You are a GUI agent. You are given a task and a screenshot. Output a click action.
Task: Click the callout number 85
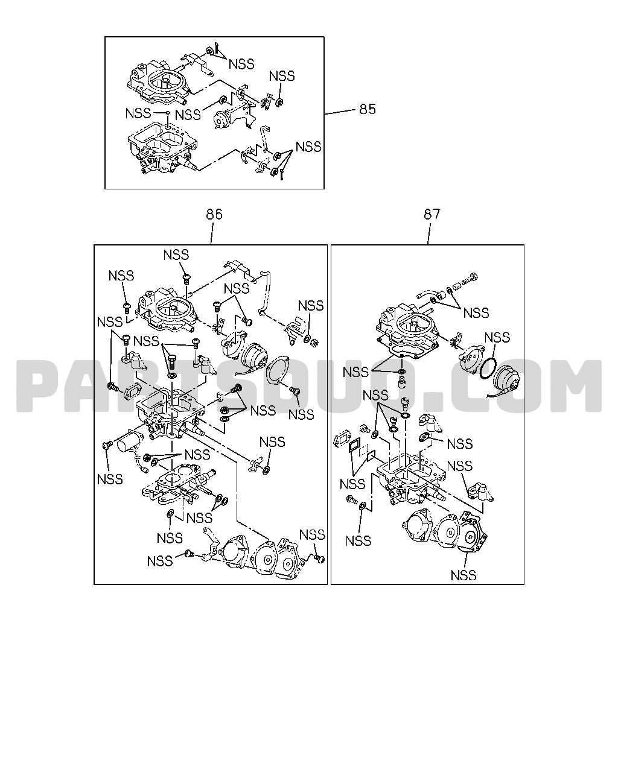pyautogui.click(x=368, y=109)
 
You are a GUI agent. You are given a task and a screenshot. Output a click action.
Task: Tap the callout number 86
pyautogui.click(x=214, y=214)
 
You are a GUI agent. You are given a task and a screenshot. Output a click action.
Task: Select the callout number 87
pyautogui.click(x=432, y=214)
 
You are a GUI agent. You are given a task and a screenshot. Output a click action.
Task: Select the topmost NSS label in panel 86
pyautogui.click(x=176, y=255)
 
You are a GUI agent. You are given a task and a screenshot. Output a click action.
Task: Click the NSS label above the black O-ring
pyautogui.click(x=497, y=337)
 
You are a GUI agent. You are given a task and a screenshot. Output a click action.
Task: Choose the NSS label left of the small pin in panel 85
pyautogui.click(x=138, y=113)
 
